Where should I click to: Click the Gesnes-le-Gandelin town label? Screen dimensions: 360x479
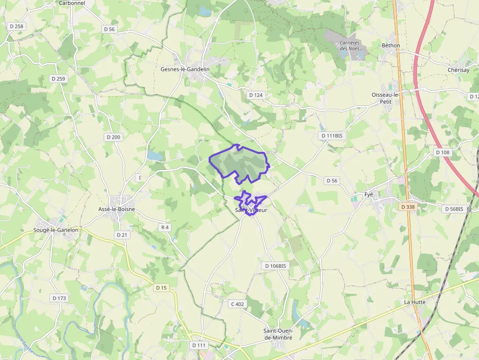[x=185, y=69]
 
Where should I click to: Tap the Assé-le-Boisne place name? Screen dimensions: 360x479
[x=116, y=209]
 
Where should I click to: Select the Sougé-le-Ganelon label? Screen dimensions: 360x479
[x=56, y=230]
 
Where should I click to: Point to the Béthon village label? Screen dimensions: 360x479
[x=391, y=45]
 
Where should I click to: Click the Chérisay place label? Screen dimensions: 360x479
[x=458, y=70]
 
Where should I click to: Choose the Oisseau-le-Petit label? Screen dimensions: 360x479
[x=386, y=98]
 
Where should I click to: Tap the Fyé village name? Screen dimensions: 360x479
[x=369, y=194]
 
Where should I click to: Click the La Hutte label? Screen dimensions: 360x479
[x=414, y=302]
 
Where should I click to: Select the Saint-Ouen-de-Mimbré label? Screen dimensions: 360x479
[x=278, y=334]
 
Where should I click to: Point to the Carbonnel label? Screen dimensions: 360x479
[x=72, y=3]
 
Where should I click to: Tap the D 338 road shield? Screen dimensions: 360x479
[x=408, y=207]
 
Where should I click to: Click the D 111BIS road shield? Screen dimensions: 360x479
[x=332, y=135]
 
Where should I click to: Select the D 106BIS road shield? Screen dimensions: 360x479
[x=275, y=266]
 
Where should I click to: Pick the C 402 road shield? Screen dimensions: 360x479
[x=238, y=304]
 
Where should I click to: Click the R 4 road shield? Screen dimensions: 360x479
[x=165, y=227]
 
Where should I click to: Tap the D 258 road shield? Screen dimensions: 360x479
[x=17, y=26]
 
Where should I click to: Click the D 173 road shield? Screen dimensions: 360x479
[x=59, y=298]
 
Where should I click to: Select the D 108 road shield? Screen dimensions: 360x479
[x=443, y=152]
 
